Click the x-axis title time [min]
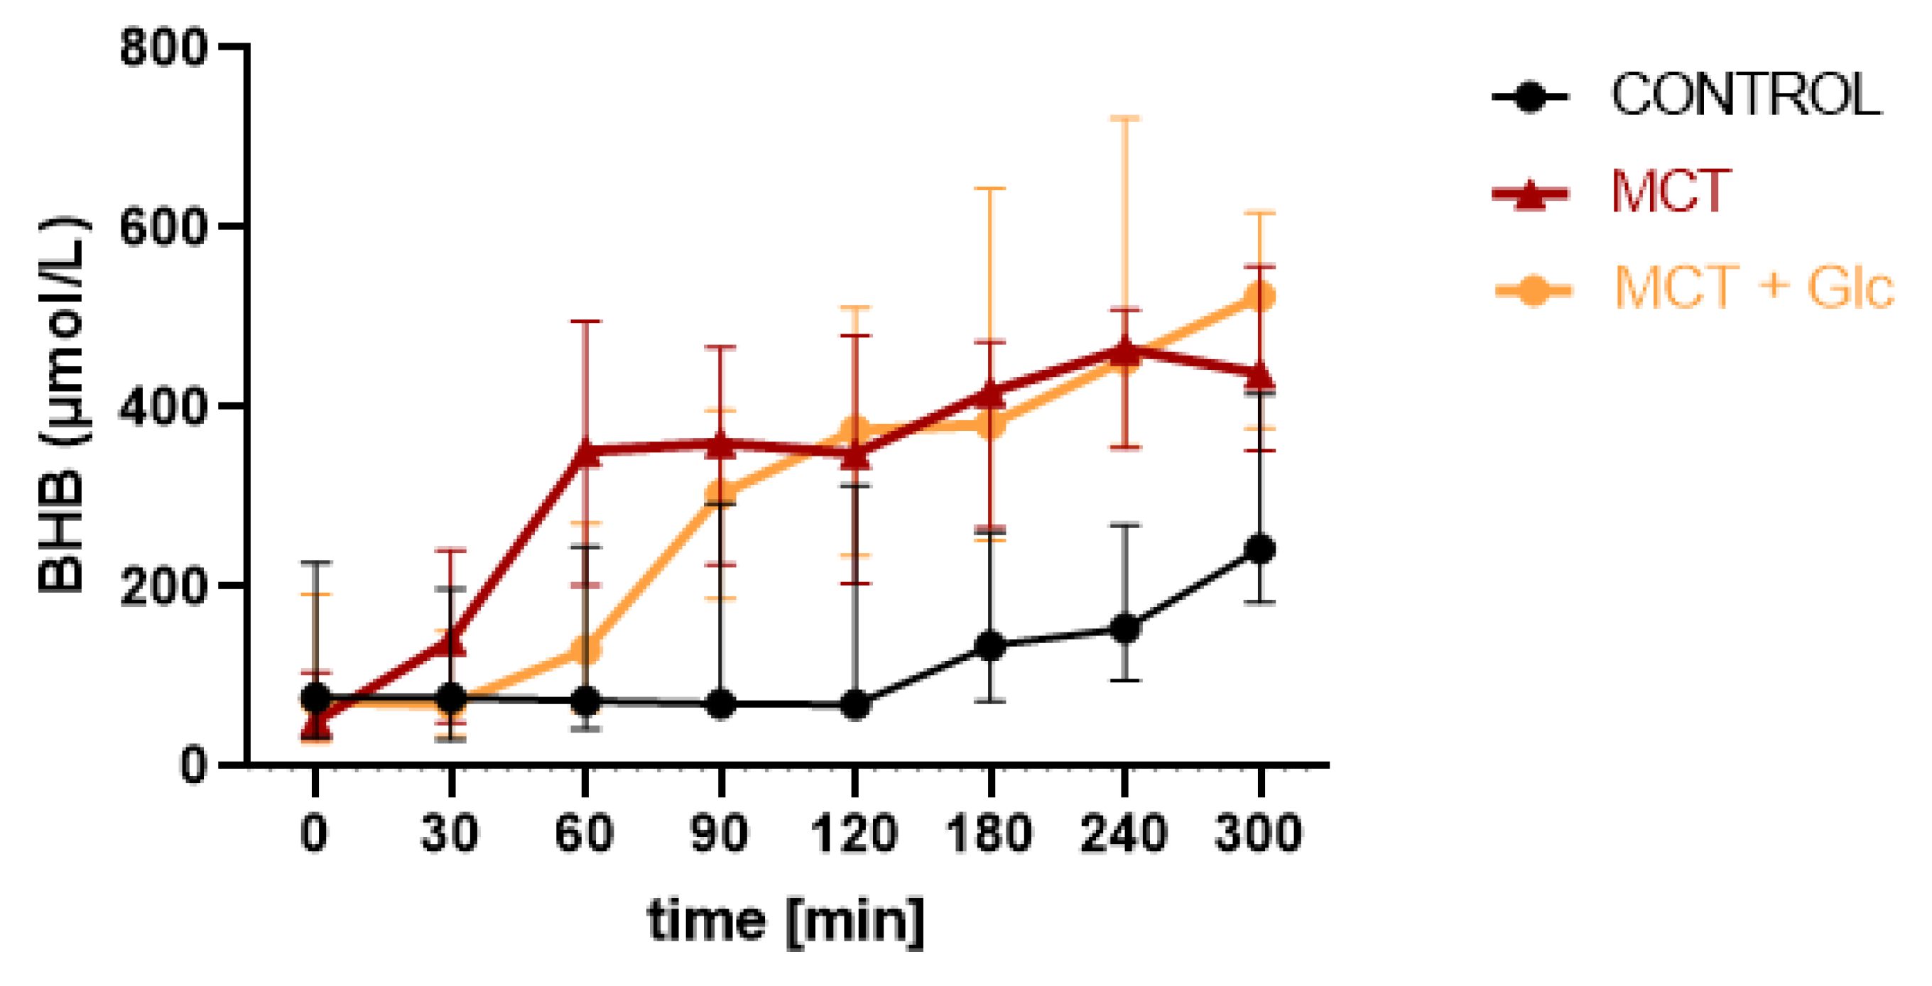786,921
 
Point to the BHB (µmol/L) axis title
62,405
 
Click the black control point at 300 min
1259,549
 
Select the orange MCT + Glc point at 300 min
1259,296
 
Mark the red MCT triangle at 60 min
585,452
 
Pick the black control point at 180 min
991,645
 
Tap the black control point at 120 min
855,705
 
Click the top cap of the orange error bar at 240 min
1125,119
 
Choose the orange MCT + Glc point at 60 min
585,650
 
